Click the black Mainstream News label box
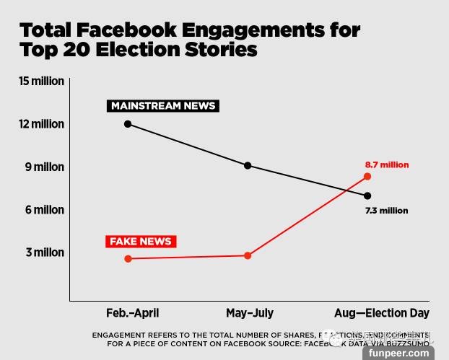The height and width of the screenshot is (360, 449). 163,106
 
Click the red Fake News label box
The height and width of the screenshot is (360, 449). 141,241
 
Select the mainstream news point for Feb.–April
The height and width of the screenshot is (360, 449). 128,124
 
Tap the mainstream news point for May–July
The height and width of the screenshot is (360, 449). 248,165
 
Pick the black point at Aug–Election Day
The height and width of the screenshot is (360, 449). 367,196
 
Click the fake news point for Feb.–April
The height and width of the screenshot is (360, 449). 128,258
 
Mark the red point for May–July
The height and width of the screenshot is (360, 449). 248,255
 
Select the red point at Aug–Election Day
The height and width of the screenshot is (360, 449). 367,176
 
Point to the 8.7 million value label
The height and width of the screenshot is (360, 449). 387,164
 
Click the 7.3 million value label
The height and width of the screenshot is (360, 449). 387,211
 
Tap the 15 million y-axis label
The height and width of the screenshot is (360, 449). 42,82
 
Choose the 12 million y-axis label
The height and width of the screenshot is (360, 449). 42,124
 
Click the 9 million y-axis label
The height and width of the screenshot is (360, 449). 45,167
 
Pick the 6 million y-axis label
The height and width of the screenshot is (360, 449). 45,210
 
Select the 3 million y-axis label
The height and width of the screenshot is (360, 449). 45,253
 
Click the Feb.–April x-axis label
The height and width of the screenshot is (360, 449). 132,313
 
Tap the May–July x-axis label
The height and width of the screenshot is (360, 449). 250,313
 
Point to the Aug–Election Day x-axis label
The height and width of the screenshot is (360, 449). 382,313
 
